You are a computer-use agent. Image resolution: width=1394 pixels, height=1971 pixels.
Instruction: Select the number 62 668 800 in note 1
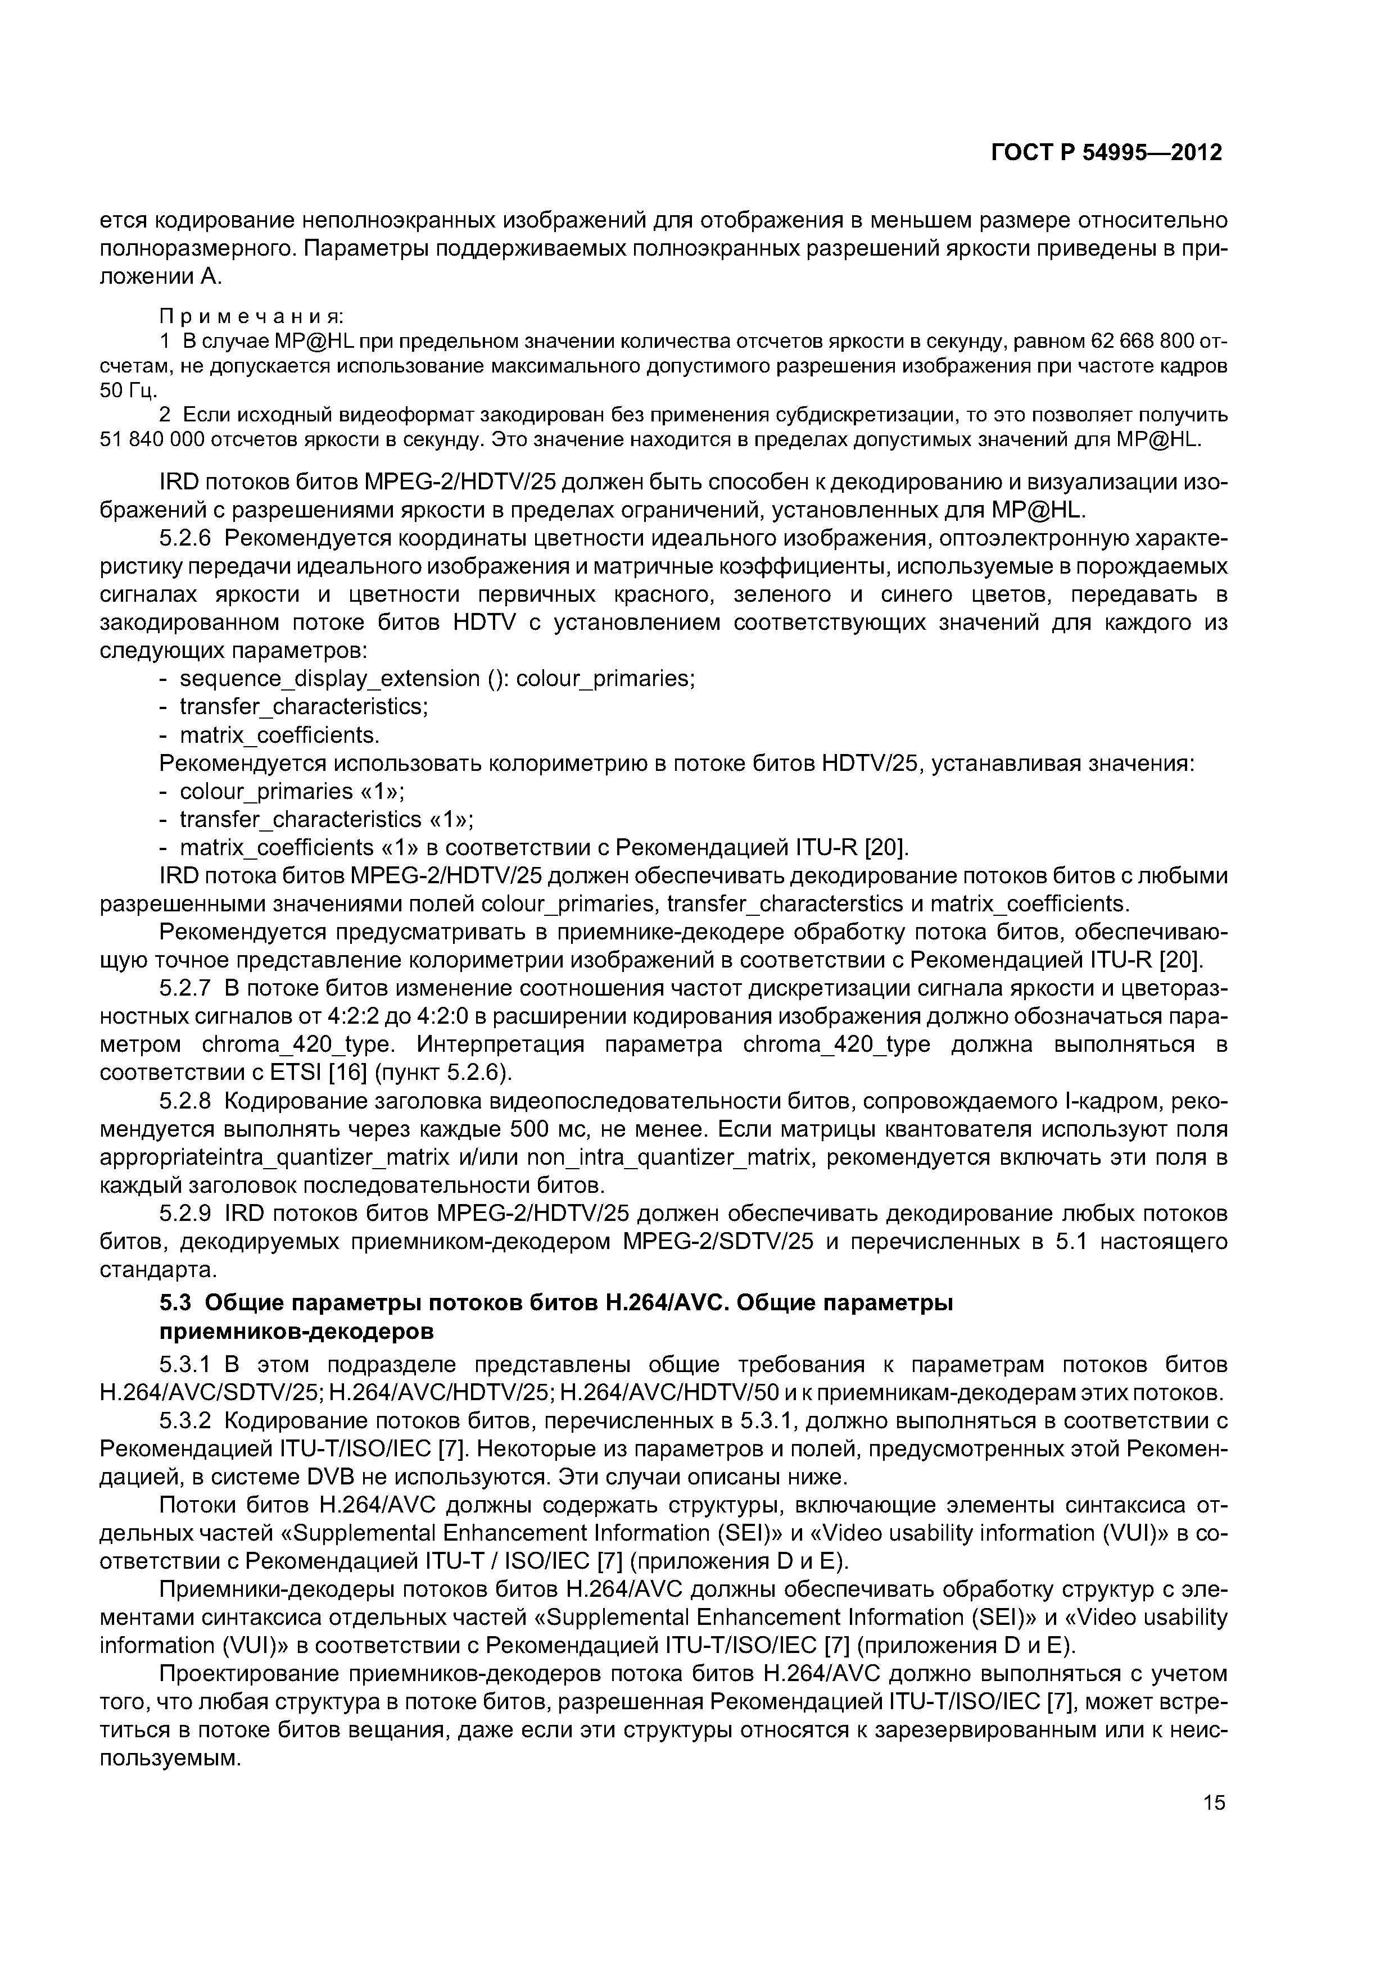pos(1142,341)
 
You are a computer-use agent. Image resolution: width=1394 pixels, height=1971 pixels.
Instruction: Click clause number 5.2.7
pos(191,989)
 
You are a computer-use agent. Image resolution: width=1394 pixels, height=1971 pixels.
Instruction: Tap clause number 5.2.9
pos(191,1214)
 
